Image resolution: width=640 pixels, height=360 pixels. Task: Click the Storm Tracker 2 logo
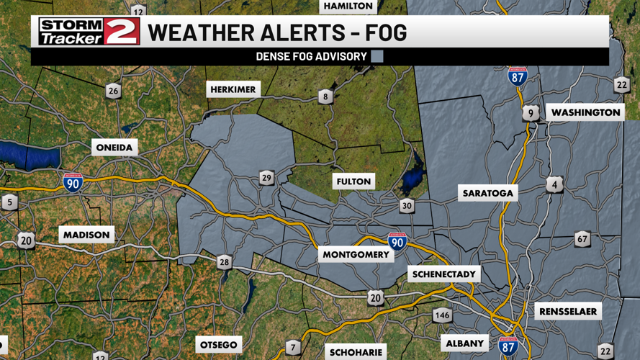(x=89, y=32)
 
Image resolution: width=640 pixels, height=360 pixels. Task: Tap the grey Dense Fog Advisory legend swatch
(x=377, y=56)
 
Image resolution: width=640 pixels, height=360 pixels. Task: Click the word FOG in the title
(x=384, y=32)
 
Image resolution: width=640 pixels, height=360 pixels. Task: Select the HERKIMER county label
(x=233, y=89)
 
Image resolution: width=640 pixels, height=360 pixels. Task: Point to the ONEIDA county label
(x=114, y=148)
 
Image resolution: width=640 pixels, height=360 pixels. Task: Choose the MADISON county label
(x=86, y=235)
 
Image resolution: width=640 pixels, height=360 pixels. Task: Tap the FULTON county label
(x=353, y=181)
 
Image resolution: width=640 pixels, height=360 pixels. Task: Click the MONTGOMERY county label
(x=356, y=255)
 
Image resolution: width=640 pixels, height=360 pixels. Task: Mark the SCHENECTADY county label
(x=444, y=274)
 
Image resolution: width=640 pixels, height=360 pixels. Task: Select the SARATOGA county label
(x=488, y=193)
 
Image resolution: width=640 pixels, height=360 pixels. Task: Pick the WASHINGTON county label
(x=585, y=112)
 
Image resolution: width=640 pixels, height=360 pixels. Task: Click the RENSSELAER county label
(x=567, y=311)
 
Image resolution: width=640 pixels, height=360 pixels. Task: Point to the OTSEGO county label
(x=218, y=345)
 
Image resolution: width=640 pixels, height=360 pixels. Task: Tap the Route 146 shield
(x=442, y=315)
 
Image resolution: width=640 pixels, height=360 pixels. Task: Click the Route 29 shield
(x=266, y=178)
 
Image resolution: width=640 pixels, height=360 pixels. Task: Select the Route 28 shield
(x=224, y=262)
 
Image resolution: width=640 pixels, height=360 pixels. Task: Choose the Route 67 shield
(x=582, y=238)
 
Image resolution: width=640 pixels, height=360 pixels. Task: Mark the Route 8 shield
(x=325, y=96)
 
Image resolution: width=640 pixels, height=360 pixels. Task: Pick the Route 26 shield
(x=113, y=91)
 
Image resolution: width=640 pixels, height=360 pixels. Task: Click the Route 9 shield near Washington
(x=531, y=113)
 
